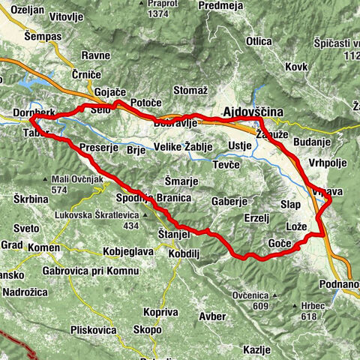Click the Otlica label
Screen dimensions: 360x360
pyautogui.click(x=258, y=41)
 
